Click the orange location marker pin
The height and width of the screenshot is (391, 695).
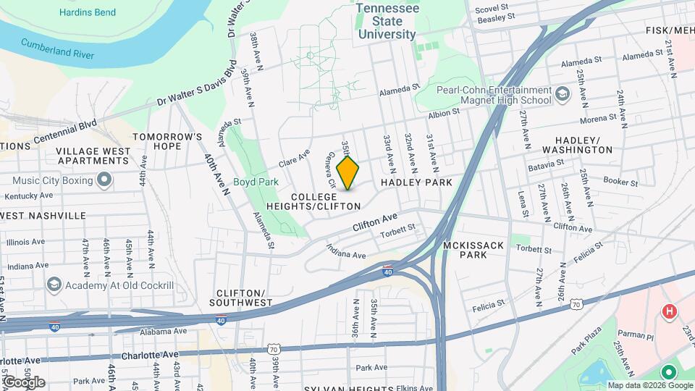coord(348,173)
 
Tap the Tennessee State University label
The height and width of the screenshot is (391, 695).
coord(386,20)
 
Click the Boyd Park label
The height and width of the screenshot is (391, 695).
coord(256,182)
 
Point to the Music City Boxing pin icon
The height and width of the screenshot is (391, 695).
coord(104,180)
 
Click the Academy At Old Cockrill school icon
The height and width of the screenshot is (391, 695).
coord(53,285)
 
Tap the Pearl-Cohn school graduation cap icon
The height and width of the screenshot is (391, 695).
coord(563,95)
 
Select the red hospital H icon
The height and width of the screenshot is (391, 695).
coord(670,311)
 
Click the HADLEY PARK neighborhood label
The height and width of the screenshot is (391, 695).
coord(416,182)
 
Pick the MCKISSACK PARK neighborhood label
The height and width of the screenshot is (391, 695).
coord(473,251)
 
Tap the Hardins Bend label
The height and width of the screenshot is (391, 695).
coord(89,12)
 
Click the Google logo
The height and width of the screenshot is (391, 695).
coord(24,382)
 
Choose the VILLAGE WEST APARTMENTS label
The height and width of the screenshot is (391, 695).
coord(94,156)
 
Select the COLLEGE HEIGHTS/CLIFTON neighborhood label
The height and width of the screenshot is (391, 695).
coord(326,201)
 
